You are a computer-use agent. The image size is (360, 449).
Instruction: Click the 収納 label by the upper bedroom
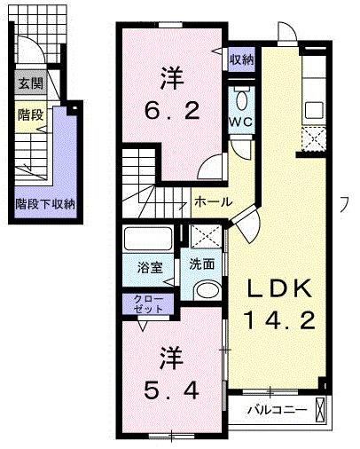[x=242, y=59]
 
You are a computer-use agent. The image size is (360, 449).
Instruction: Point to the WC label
[x=240, y=121]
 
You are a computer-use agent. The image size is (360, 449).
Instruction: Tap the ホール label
[x=213, y=202]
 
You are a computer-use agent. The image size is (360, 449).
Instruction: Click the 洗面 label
[x=201, y=264]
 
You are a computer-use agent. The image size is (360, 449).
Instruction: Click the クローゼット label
[x=147, y=304]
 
